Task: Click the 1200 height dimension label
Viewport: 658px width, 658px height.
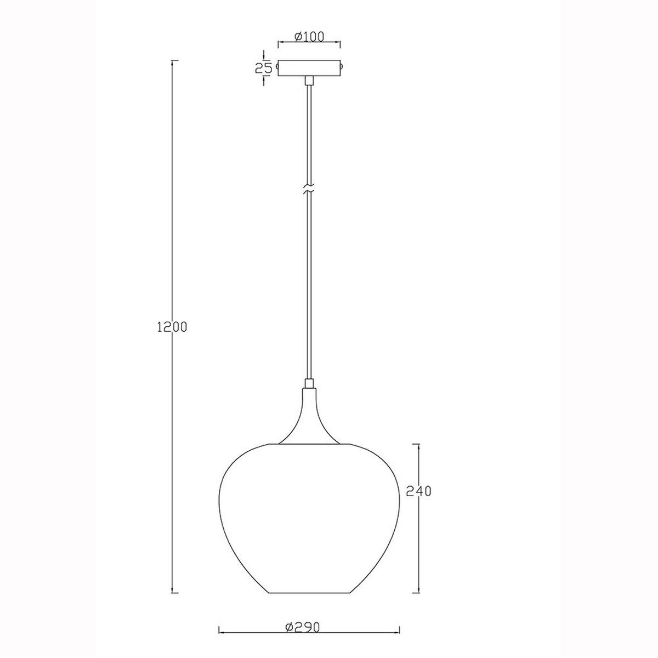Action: coord(172,327)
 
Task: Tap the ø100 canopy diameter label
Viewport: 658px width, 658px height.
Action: coord(309,37)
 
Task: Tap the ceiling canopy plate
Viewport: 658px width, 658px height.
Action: coord(309,68)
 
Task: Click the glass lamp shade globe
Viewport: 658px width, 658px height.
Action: coord(309,515)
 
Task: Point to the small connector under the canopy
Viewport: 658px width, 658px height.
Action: coord(309,81)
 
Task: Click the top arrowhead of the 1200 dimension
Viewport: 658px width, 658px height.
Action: coord(174,61)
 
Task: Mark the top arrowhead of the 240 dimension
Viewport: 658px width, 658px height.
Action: coord(419,445)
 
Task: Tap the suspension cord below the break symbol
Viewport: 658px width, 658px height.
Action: coord(309,285)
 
